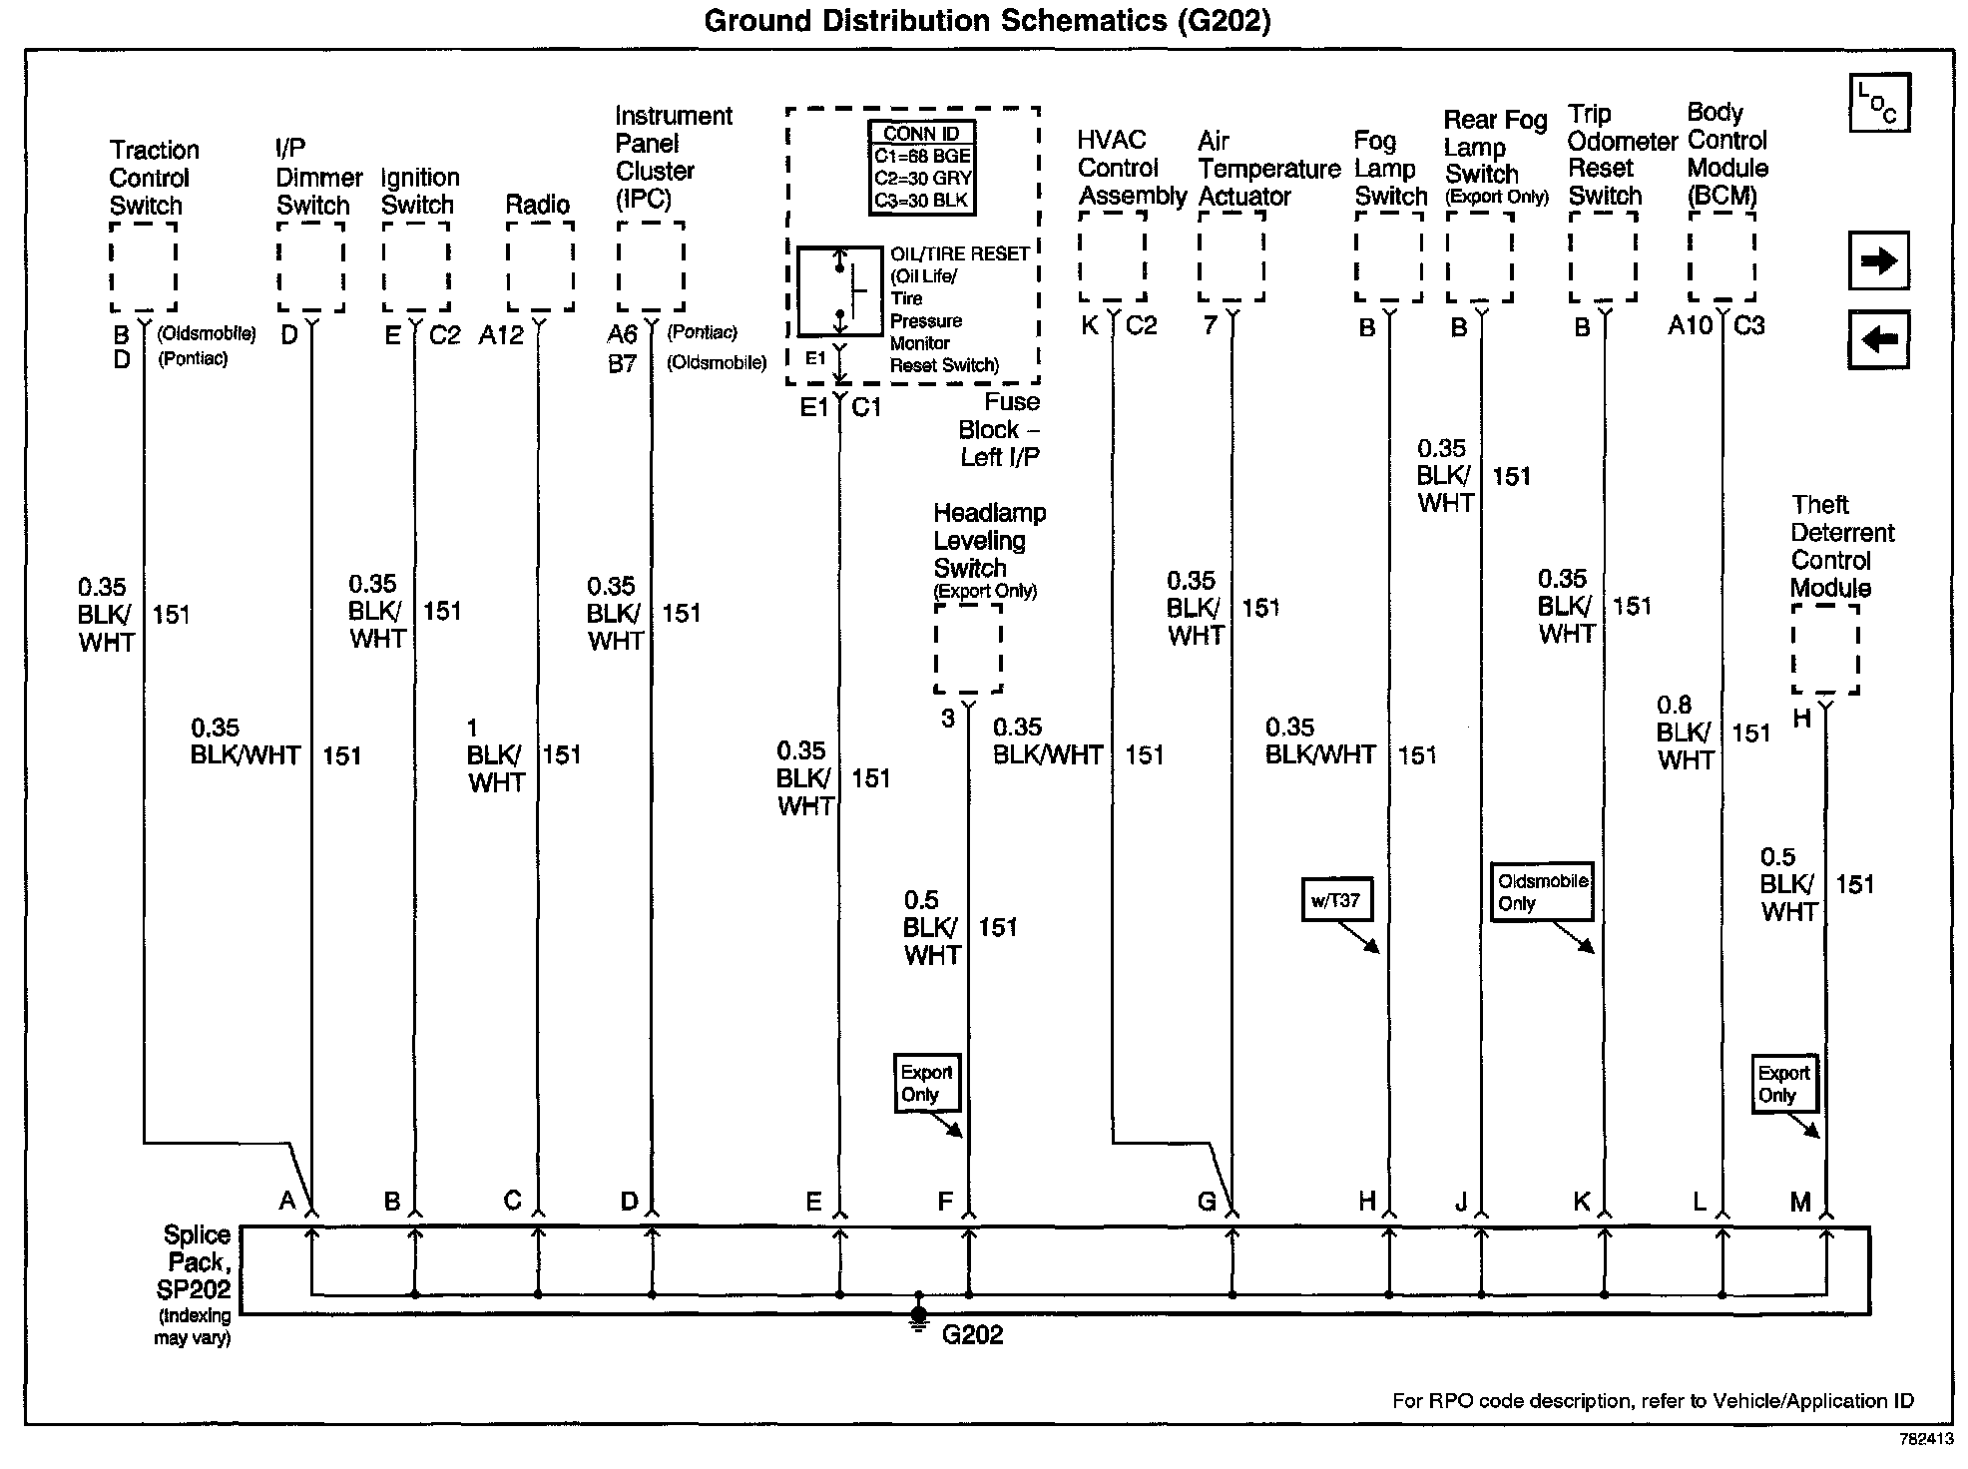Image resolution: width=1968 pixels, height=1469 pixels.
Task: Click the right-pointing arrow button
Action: point(1878,261)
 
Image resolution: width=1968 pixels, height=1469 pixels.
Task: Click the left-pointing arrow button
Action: point(1878,339)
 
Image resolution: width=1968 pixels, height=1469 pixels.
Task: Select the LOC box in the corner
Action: point(1878,102)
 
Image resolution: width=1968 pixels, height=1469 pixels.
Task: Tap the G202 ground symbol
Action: point(919,1317)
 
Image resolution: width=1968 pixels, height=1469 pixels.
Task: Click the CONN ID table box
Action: point(922,167)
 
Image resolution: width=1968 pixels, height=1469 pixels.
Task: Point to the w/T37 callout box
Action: point(1335,900)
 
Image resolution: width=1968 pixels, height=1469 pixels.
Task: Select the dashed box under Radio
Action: point(540,265)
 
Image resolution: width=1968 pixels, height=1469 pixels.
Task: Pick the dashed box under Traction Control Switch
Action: point(144,266)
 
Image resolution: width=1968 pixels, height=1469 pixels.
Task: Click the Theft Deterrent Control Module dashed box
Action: point(1825,649)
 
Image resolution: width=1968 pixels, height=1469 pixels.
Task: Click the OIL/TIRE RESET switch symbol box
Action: point(839,291)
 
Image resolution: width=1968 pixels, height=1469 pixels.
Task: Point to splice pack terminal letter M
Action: point(1800,1203)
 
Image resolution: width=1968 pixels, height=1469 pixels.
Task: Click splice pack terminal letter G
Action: point(1207,1202)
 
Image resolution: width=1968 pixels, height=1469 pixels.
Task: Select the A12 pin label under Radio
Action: point(501,335)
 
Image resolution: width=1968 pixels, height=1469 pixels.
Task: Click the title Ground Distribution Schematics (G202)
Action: point(987,21)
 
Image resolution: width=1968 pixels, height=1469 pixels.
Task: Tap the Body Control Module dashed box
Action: point(1722,257)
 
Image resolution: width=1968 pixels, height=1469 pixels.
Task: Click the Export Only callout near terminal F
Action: point(926,1083)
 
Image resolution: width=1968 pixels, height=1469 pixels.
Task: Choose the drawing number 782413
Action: point(1926,1439)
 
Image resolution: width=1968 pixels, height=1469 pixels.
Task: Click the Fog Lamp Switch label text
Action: point(1390,169)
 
